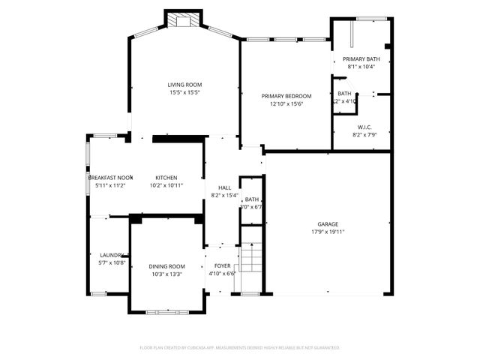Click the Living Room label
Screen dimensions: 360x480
pyautogui.click(x=184, y=85)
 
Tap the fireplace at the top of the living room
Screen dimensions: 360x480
pyautogui.click(x=184, y=20)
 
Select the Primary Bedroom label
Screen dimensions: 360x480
pyautogui.click(x=286, y=96)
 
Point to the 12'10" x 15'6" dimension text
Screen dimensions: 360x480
pyautogui.click(x=286, y=104)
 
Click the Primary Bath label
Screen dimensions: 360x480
pyautogui.click(x=361, y=58)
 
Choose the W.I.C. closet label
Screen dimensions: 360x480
pyautogui.click(x=364, y=127)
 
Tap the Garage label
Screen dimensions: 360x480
pyautogui.click(x=328, y=223)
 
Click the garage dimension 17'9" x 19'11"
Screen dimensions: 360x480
pyautogui.click(x=328, y=232)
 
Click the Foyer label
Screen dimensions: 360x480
pyautogui.click(x=223, y=265)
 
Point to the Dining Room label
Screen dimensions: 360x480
pyautogui.click(x=166, y=266)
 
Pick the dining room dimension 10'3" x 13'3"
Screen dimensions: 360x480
pyautogui.click(x=166, y=274)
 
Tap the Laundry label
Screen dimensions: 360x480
pyautogui.click(x=110, y=255)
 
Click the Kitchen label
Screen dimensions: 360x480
pyautogui.click(x=166, y=177)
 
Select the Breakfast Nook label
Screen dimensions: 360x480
pyautogui.click(x=110, y=177)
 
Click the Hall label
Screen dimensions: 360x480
pyautogui.click(x=224, y=187)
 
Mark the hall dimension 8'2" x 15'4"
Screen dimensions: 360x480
pyautogui.click(x=224, y=196)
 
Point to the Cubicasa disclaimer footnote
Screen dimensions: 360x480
pyautogui.click(x=240, y=347)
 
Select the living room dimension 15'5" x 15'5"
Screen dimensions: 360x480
pyautogui.click(x=184, y=93)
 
